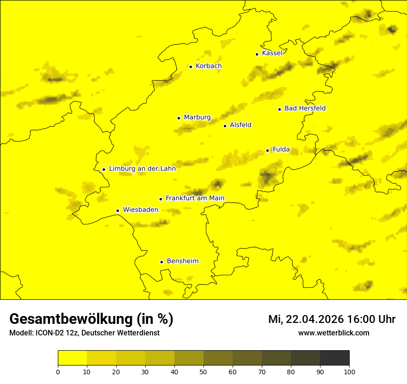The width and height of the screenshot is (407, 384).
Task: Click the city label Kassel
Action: [x=272, y=53]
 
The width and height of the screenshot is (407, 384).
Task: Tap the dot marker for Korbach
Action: [x=191, y=67]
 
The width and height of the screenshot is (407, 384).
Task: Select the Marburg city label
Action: [x=197, y=118]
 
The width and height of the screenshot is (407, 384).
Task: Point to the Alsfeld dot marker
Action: [x=225, y=126]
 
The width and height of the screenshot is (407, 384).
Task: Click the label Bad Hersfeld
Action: [x=305, y=108]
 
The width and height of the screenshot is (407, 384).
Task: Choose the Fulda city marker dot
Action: [x=267, y=150]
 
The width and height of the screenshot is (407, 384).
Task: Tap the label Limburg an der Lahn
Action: [x=142, y=169]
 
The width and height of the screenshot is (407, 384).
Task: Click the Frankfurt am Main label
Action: [x=195, y=198]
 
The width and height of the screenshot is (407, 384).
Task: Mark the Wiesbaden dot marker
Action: [x=117, y=211]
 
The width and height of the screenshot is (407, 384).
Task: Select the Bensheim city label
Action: [x=182, y=261]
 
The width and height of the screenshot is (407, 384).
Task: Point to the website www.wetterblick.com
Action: [x=334, y=333]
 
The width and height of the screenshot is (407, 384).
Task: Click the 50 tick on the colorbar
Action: [x=203, y=371]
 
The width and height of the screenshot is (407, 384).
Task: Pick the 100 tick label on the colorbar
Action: [x=349, y=371]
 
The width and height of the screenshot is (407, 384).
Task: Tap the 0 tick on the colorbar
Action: [x=58, y=371]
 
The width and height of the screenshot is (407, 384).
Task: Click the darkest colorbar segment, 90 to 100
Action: [x=334, y=358]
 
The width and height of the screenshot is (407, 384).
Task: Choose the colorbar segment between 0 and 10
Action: [x=72, y=358]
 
